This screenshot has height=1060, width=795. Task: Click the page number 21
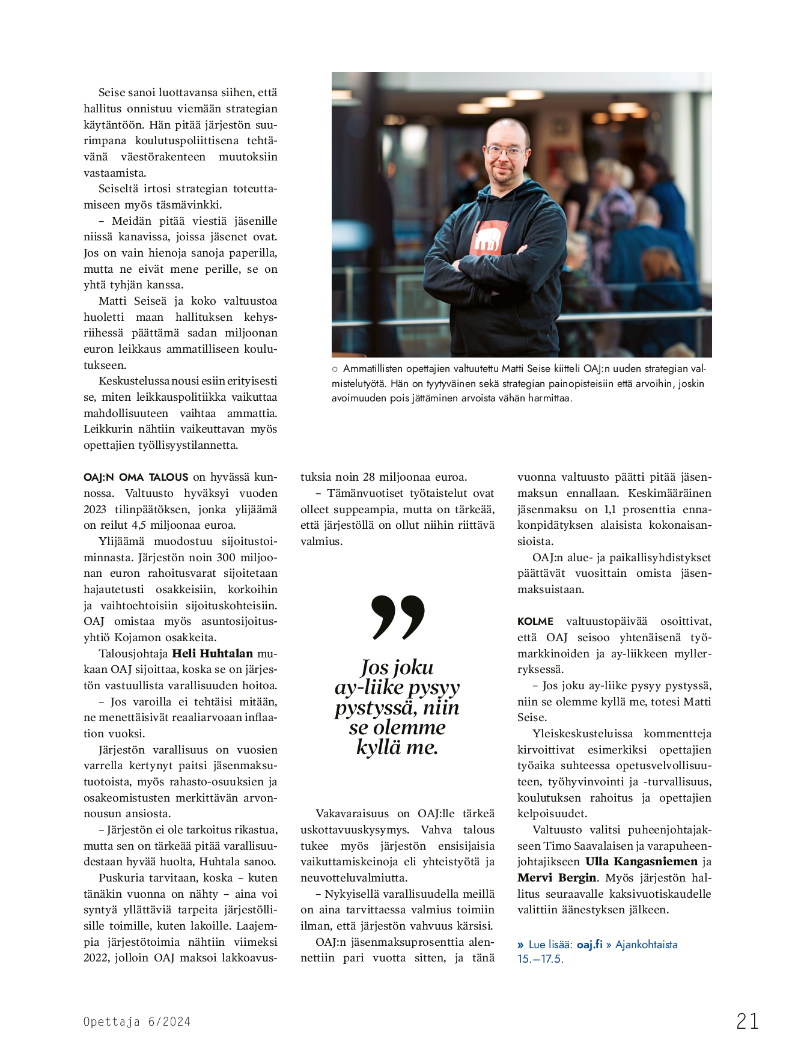pyautogui.click(x=747, y=1021)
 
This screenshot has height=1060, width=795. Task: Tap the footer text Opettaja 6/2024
pyautogui.click(x=137, y=1022)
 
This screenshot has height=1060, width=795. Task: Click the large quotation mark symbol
pyautogui.click(x=398, y=617)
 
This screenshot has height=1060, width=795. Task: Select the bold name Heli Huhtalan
pyautogui.click(x=213, y=653)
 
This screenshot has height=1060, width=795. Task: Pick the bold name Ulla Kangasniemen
pyautogui.click(x=641, y=861)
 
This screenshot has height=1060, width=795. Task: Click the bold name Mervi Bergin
pyautogui.click(x=557, y=877)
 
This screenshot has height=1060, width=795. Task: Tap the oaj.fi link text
pyautogui.click(x=589, y=944)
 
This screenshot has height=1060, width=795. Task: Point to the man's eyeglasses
pyautogui.click(x=505, y=151)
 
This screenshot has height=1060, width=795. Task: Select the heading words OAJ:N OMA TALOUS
pyautogui.click(x=136, y=477)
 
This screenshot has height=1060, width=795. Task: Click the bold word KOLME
pyautogui.click(x=535, y=621)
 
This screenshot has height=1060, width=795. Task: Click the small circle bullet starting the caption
pyautogui.click(x=335, y=369)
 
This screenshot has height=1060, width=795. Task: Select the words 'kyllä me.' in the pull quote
pyautogui.click(x=397, y=748)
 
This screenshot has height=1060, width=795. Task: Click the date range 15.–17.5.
pyautogui.click(x=540, y=958)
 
